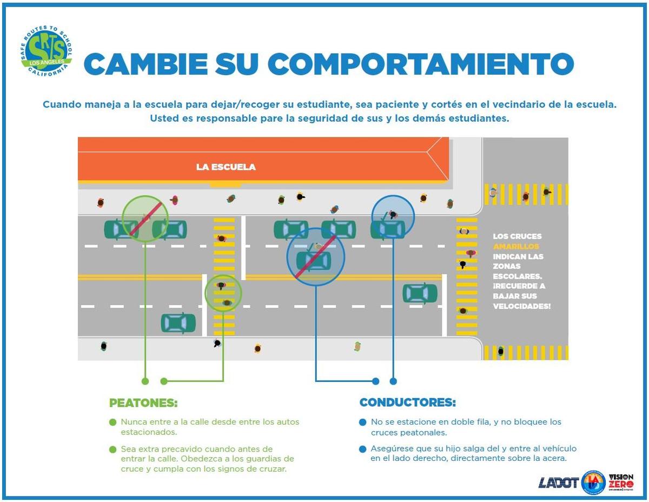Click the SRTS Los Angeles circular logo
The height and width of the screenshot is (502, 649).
(x=47, y=51)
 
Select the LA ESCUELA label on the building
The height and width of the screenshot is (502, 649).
(x=226, y=167)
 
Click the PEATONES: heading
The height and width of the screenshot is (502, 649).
(x=143, y=403)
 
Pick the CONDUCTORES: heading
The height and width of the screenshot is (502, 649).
(x=408, y=402)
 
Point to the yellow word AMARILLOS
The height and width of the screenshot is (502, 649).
(x=516, y=246)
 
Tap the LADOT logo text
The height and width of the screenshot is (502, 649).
(x=558, y=483)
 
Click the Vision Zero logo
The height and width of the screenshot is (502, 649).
(x=621, y=481)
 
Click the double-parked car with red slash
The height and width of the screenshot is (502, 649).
(x=314, y=261)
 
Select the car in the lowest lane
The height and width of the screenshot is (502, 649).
(x=178, y=323)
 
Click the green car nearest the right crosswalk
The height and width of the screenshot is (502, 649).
(x=420, y=293)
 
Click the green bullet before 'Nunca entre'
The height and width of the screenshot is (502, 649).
(x=112, y=422)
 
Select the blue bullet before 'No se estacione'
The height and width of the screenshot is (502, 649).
(x=362, y=422)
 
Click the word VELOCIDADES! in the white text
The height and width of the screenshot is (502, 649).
(x=522, y=306)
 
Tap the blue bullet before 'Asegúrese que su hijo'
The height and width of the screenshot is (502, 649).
(x=362, y=449)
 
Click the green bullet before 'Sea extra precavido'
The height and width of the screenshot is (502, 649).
(x=112, y=450)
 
